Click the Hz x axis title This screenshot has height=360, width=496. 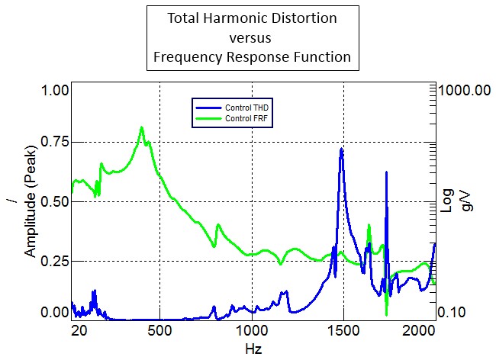(x=253, y=349)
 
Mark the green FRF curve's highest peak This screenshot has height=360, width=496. (x=141, y=127)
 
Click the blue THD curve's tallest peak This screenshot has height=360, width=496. (x=341, y=149)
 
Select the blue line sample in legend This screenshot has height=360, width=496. (x=207, y=108)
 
